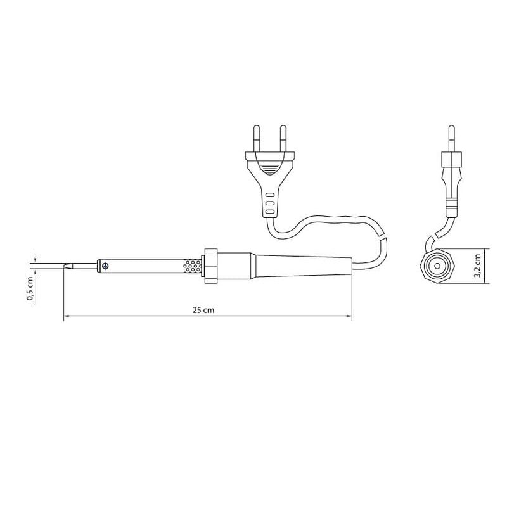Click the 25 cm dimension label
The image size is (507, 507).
point(203,310)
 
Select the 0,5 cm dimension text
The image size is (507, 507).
point(30,289)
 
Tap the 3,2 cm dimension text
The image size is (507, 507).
point(477,266)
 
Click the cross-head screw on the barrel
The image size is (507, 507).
point(105,266)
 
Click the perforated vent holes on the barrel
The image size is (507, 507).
point(192,266)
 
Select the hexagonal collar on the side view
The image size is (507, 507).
point(437,266)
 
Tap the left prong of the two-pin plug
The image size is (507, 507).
point(257,138)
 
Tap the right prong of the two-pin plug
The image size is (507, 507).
point(283,138)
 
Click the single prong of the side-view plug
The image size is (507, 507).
point(452,138)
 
